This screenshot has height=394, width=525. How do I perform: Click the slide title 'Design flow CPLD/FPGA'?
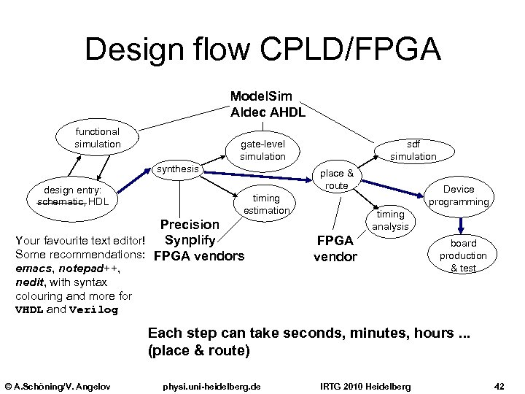coord(262,49)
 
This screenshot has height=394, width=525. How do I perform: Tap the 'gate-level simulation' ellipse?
coord(262,151)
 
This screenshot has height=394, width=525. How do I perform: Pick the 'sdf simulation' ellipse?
coord(413,151)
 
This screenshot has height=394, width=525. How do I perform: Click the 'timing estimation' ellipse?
coord(266,204)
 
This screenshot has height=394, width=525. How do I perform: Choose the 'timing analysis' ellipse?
coord(390,220)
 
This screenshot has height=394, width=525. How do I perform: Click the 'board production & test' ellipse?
coord(463,255)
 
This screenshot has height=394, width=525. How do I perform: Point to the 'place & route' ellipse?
coord(337,179)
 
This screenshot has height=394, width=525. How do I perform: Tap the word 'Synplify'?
coord(189,240)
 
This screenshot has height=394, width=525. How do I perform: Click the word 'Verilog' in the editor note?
coord(93,309)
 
